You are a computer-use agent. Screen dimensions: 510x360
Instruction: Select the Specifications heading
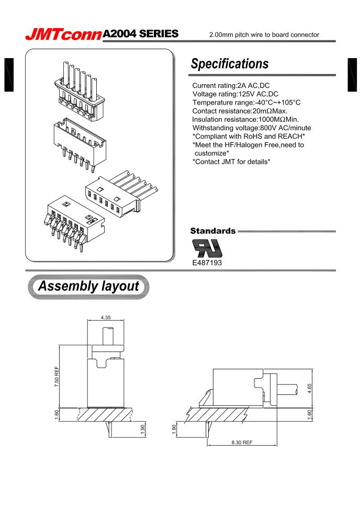[230, 64]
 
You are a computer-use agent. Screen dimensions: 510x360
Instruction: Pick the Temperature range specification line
[246, 103]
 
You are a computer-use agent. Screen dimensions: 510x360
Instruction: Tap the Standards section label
[212, 230]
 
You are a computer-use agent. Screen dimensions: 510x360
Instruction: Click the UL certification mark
[207, 247]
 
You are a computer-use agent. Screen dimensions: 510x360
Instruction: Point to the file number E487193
[207, 263]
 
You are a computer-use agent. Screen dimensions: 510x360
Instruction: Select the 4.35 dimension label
[106, 318]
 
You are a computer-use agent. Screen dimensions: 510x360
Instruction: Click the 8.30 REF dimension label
[241, 442]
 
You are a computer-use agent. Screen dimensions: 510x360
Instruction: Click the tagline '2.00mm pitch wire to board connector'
[271, 35]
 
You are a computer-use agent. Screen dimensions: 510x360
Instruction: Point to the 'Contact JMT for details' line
[231, 162]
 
